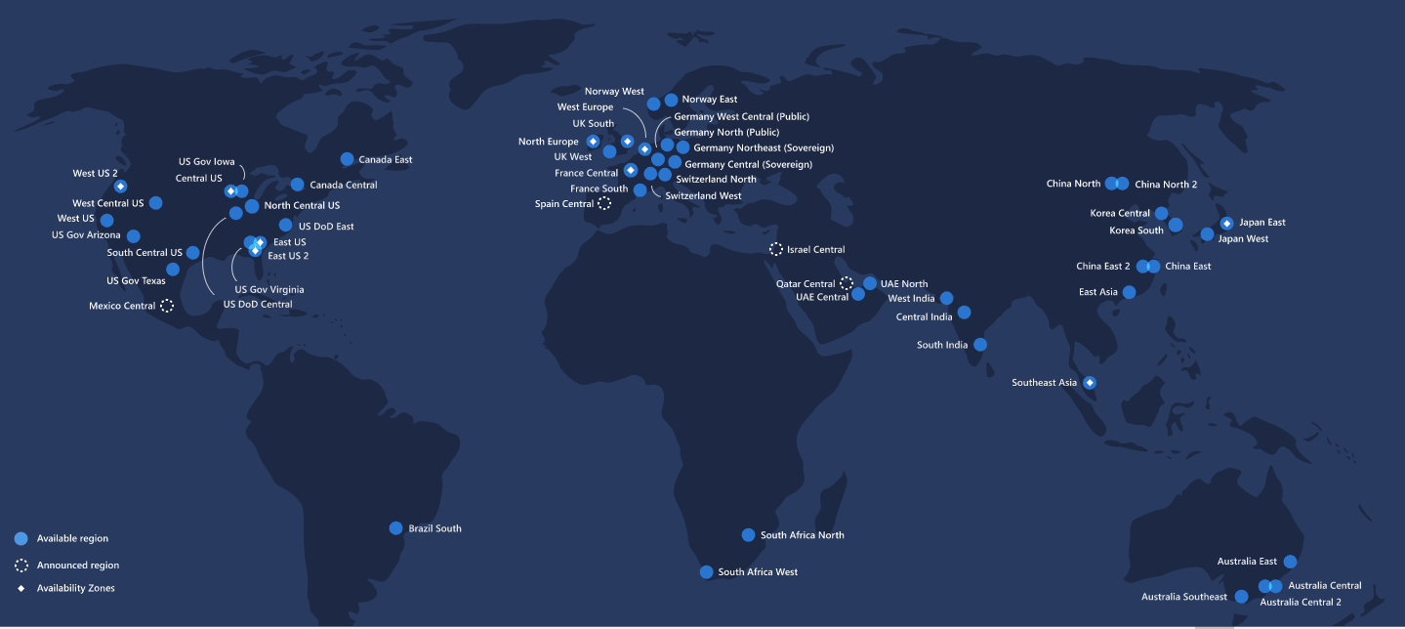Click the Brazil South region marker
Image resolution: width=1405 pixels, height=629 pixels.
coord(395,528)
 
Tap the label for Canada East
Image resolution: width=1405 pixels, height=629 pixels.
coord(385,159)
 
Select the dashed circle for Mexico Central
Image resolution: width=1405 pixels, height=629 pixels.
coord(167,306)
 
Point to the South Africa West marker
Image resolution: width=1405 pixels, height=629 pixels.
coord(706,572)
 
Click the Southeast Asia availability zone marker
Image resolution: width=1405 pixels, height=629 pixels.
coord(1090,383)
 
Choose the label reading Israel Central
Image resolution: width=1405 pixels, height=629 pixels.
coord(815,250)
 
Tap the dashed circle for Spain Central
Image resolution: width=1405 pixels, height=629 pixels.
coord(604,203)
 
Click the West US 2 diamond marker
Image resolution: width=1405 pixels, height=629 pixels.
coord(120,187)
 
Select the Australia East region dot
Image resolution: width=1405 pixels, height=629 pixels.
coord(1290,562)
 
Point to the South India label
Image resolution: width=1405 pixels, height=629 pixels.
coord(942,345)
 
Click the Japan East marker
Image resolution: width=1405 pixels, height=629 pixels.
coord(1226,223)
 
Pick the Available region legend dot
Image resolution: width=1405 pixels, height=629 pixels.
coord(21,538)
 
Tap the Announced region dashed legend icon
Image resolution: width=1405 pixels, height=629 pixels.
coord(21,565)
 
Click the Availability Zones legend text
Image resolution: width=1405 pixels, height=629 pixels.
coord(75,588)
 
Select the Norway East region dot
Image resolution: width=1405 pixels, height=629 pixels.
coord(671,100)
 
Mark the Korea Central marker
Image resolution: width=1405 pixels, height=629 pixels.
coord(1161,213)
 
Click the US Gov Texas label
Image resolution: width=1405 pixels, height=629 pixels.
coord(136,281)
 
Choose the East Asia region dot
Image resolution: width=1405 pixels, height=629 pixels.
coord(1129,292)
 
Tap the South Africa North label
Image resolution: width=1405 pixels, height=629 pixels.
coord(802,535)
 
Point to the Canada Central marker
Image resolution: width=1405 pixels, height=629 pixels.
coord(297,185)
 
